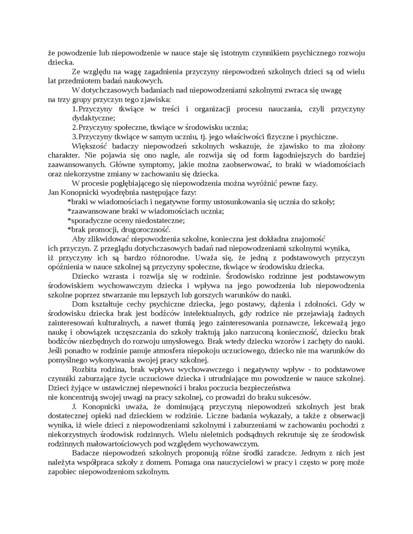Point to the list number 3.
[75, 136]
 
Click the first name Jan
[54, 192]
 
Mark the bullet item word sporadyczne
[90, 220]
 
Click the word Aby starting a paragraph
[78, 238]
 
